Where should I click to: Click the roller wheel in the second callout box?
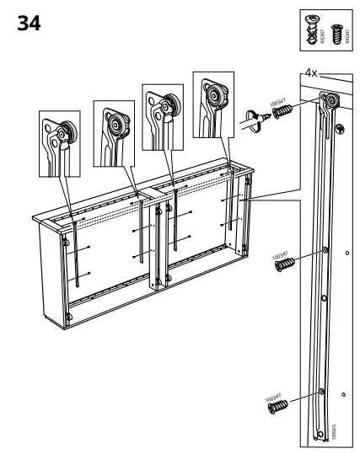tap(116, 123)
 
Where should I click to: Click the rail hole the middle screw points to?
tap(324, 250)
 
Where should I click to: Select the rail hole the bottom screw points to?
tap(321, 392)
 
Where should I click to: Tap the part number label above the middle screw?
tap(279, 252)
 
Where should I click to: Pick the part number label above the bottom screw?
tap(272, 394)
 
